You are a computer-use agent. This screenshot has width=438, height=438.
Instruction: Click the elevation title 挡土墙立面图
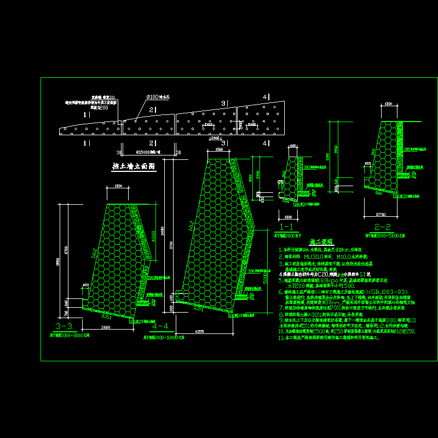(x=134, y=165)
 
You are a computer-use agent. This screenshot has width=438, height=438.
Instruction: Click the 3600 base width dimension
(x=106, y=327)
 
